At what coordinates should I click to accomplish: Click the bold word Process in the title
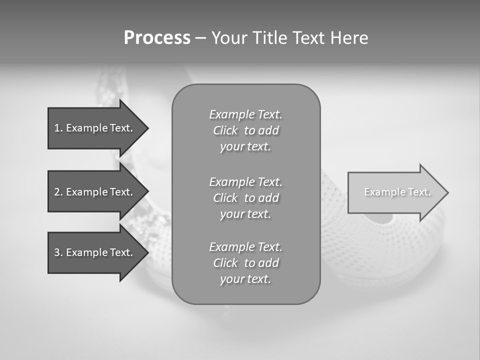click(x=157, y=38)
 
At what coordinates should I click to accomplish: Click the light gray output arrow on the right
click(x=395, y=192)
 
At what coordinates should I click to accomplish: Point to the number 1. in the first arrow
click(x=58, y=128)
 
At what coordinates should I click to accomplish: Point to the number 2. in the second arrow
click(x=58, y=192)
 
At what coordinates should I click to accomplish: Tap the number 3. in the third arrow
click(x=58, y=252)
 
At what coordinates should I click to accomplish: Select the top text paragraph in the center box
click(x=245, y=130)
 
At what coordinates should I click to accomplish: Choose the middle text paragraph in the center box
click(x=245, y=198)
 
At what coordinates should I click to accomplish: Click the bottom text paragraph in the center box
click(x=245, y=263)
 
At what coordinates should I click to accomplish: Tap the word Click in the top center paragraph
click(x=225, y=131)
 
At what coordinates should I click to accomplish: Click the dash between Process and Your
click(x=200, y=38)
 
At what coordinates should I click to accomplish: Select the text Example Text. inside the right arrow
click(x=397, y=192)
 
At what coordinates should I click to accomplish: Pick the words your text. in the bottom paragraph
click(x=245, y=279)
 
